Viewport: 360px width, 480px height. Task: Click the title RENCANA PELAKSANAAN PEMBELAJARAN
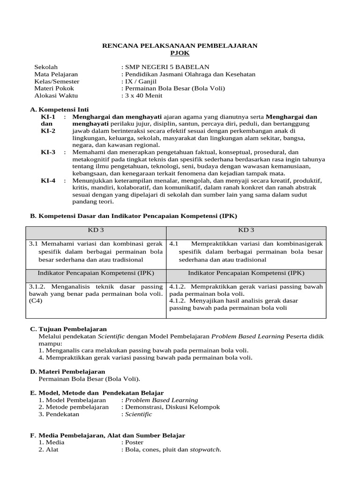click(x=180, y=45)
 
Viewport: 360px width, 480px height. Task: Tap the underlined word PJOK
click(x=180, y=53)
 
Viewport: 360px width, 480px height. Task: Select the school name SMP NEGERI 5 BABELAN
click(x=165, y=67)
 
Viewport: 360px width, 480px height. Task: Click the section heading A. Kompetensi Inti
click(x=59, y=109)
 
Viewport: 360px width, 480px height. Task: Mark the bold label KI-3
click(x=48, y=152)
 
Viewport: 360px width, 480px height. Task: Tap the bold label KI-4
click(x=48, y=180)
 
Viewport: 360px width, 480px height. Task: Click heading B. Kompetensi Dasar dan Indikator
click(x=134, y=216)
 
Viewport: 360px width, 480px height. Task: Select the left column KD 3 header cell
click(x=96, y=230)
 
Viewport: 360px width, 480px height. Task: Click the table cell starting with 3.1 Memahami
click(x=96, y=251)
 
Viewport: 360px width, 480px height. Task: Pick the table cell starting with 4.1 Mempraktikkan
click(x=246, y=251)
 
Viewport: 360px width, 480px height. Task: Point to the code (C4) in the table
click(x=36, y=301)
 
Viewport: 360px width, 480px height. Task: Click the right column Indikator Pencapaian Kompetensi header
click(x=246, y=272)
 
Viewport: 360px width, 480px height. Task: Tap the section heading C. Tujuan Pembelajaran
click(x=68, y=330)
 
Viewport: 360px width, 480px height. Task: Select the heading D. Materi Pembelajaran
click(x=67, y=371)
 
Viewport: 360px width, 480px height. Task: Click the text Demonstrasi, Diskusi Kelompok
click(x=172, y=407)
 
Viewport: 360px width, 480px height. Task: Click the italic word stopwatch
click(x=204, y=450)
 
